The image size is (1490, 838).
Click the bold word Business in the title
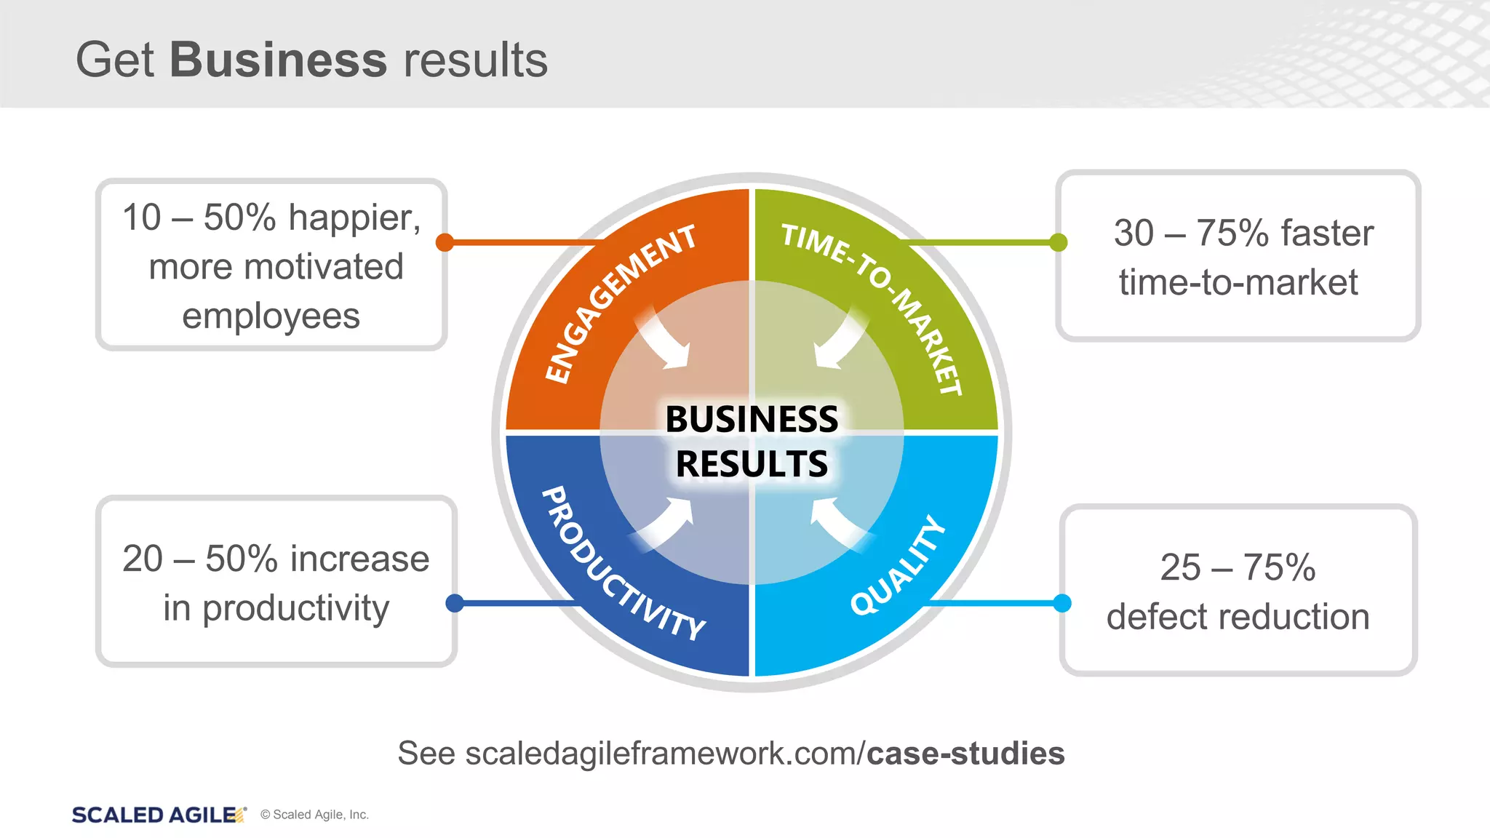click(x=278, y=60)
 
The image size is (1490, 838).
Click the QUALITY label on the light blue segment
click(x=898, y=566)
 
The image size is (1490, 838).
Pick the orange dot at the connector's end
click(x=445, y=242)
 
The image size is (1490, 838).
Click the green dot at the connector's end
click(x=1059, y=242)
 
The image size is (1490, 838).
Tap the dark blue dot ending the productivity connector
click(x=455, y=602)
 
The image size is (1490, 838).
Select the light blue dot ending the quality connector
click(x=1062, y=602)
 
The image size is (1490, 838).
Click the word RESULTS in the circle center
click(x=752, y=464)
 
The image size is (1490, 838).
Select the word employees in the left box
click(x=271, y=316)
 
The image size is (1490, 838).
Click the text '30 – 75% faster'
click(x=1243, y=234)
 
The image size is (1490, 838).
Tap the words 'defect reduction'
click(x=1238, y=617)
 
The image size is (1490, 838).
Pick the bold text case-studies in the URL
click(x=965, y=754)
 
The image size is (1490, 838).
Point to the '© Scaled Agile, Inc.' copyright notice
click(x=314, y=815)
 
